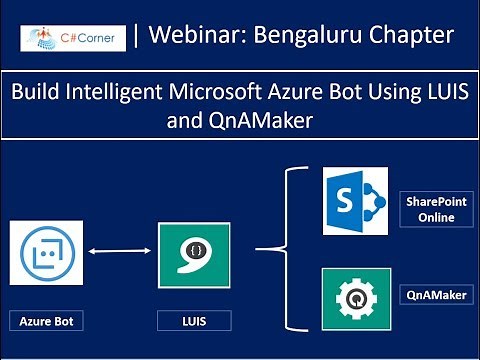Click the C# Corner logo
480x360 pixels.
[x=73, y=39]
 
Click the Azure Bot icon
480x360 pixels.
[x=47, y=256]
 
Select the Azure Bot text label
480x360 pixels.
[x=47, y=321]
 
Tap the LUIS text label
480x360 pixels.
[x=194, y=321]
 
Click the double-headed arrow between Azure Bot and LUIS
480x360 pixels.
[x=120, y=254]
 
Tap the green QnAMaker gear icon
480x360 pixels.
[x=355, y=297]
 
